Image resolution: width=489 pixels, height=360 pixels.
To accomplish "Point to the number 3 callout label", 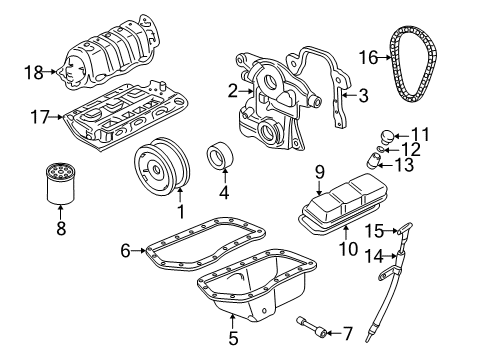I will (x=363, y=95).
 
